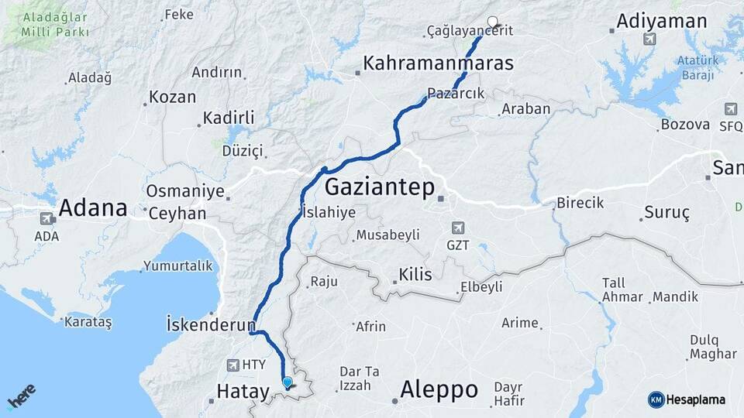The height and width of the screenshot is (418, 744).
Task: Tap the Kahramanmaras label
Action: pyautogui.click(x=439, y=63)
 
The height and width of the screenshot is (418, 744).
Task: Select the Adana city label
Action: pyautogui.click(x=93, y=207)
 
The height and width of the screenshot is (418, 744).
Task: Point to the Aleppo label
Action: pyautogui.click(x=439, y=389)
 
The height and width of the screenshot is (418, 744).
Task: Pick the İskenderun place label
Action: pyautogui.click(x=211, y=324)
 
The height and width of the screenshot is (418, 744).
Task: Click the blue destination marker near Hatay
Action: pyautogui.click(x=288, y=382)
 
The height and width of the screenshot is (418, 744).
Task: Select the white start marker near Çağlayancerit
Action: pyautogui.click(x=491, y=22)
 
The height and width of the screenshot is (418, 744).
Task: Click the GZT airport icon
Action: pyautogui.click(x=458, y=228)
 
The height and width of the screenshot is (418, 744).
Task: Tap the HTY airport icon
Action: pyautogui.click(x=233, y=365)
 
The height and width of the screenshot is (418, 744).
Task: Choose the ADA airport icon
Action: pyautogui.click(x=46, y=219)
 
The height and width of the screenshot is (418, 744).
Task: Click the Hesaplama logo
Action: pyautogui.click(x=687, y=399)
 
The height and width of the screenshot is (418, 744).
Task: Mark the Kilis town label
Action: pyautogui.click(x=415, y=275)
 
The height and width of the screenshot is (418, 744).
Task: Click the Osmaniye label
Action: pyautogui.click(x=185, y=191)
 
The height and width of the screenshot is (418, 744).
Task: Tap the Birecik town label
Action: pyautogui.click(x=580, y=204)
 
